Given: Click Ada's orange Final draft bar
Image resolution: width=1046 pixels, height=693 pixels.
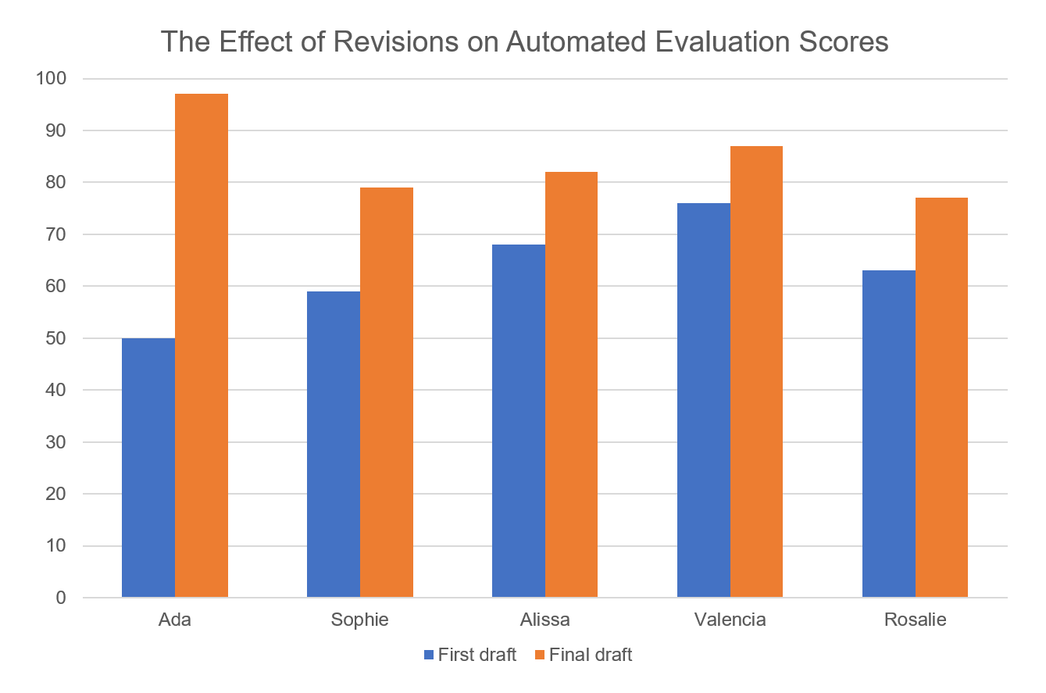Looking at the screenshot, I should pyautogui.click(x=202, y=345).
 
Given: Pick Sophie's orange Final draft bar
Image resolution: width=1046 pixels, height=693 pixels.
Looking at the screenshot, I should pyautogui.click(x=387, y=392).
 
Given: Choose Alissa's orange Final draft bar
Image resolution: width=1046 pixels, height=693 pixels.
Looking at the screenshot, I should pyautogui.click(x=571, y=384).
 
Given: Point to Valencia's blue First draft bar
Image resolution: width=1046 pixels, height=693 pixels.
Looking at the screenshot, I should pyautogui.click(x=704, y=400).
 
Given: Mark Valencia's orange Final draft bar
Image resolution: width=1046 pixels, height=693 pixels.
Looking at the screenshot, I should pyautogui.click(x=756, y=372).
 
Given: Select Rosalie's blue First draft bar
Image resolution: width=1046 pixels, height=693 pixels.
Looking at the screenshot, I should pyautogui.click(x=888, y=434).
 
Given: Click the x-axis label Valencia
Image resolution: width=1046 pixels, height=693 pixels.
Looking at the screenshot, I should pyautogui.click(x=730, y=620).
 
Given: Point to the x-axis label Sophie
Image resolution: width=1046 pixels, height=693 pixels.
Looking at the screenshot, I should pyautogui.click(x=359, y=620).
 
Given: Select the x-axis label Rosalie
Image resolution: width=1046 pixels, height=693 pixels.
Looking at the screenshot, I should pyautogui.click(x=915, y=620).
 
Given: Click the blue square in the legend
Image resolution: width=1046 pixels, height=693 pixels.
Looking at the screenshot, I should pyautogui.click(x=429, y=655).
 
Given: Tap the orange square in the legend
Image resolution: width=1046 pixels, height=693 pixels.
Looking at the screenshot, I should pyautogui.click(x=540, y=655).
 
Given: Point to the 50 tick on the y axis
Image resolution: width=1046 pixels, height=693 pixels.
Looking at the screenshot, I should pyautogui.click(x=57, y=338).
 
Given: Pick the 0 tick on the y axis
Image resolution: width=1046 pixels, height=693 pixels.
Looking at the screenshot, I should pyautogui.click(x=62, y=598).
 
